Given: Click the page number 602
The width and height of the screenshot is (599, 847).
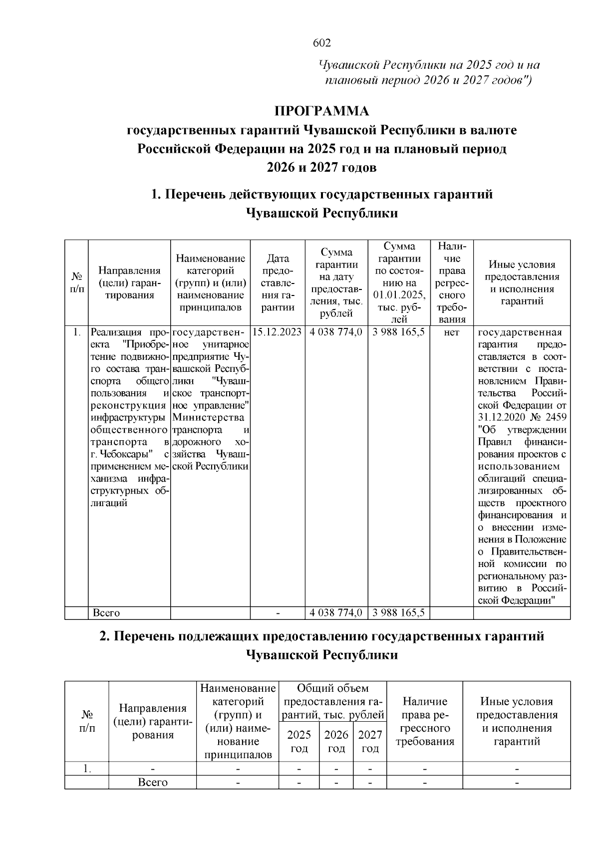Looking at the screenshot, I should tap(321, 43).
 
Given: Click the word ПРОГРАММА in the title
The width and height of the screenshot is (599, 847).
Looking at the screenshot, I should tap(321, 110).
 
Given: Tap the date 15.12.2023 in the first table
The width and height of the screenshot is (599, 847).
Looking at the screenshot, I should tap(278, 332).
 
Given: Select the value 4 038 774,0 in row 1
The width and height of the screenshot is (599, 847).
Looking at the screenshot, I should tap(336, 332).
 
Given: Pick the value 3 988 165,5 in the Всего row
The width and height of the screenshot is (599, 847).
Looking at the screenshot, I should tap(398, 612).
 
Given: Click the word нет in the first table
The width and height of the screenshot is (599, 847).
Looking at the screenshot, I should tap(451, 332).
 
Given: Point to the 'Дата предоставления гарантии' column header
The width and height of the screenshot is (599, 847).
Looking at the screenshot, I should tap(278, 282).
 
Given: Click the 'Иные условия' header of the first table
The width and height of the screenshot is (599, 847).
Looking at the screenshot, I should tap(522, 282).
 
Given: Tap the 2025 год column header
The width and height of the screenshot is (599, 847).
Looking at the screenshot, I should tap(299, 741).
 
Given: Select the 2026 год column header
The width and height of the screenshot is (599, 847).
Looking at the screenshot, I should tap(336, 741).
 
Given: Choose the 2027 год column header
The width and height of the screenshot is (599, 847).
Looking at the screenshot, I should tap(370, 741).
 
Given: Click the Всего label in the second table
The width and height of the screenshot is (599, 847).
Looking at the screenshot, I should tap(153, 782).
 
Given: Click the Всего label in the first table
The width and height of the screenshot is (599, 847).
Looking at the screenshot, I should tap(106, 612).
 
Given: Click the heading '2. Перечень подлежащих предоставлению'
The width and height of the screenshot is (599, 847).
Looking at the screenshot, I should tap(321, 636).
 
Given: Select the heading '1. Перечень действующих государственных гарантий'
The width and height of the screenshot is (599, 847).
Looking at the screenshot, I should tap(321, 194).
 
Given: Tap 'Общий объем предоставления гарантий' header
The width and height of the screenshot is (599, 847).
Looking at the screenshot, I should tap(332, 702).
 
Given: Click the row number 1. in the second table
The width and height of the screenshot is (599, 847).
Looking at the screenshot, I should tap(87, 769).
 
